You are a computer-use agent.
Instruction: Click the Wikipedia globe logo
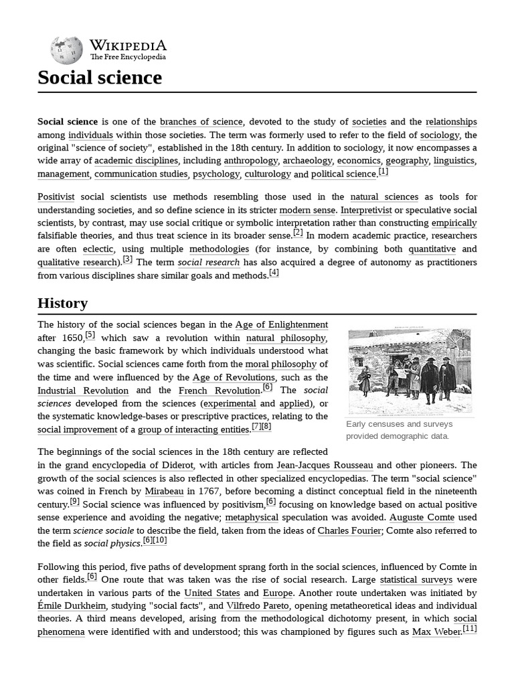pos(66,50)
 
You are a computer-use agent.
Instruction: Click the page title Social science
pos(100,78)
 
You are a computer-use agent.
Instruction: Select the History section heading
pos(62,303)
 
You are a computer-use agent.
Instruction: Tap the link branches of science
pos(201,122)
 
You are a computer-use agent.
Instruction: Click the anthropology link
pos(250,161)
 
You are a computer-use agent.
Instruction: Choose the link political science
pos(343,174)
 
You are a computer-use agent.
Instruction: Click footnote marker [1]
pos(383,172)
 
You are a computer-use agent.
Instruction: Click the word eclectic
pos(98,249)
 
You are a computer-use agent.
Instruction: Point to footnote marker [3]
pos(127,260)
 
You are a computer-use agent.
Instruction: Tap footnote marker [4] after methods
pos(274,272)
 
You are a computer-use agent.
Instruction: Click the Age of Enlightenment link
pos(281,325)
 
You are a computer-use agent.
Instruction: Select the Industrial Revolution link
pos(83,391)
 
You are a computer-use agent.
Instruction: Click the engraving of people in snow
pos(410,371)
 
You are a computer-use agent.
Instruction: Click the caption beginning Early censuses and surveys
pos(399,430)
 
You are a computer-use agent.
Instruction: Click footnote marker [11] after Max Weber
pos(469,629)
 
